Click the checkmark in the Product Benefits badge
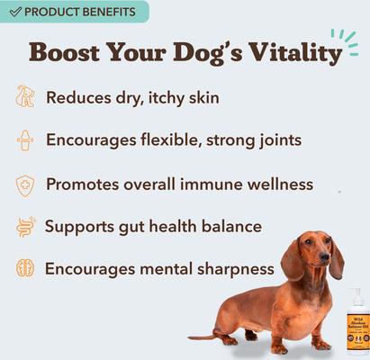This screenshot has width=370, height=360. pyautogui.click(x=14, y=12)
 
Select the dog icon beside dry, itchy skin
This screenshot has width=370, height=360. pyautogui.click(x=24, y=97)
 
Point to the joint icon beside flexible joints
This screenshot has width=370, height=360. pyautogui.click(x=24, y=140)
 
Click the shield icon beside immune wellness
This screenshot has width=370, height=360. pyautogui.click(x=24, y=184)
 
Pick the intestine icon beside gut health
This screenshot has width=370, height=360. pyautogui.click(x=24, y=226)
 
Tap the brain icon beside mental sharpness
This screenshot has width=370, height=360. pyautogui.click(x=24, y=268)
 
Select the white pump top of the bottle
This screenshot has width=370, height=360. pyautogui.click(x=356, y=298)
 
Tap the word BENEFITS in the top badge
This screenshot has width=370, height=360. pyautogui.click(x=105, y=12)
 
